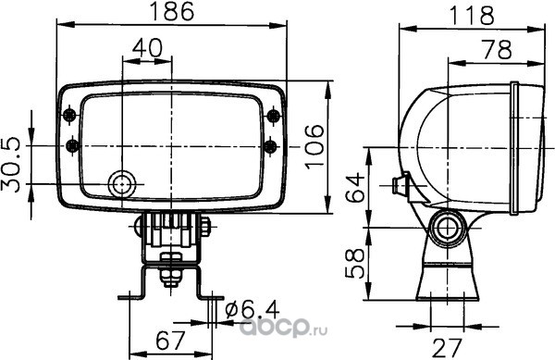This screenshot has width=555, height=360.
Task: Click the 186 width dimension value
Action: tap(172, 11)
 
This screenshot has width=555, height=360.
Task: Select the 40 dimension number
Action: tap(148, 48)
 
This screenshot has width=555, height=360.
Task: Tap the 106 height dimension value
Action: tap(315, 146)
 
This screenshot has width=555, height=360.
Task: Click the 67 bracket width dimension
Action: tap(170, 341)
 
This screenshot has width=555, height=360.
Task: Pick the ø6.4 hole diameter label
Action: tap(252, 309)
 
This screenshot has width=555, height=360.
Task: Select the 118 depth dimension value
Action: tap(472, 15)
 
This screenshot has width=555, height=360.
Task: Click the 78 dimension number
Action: tap(498, 50)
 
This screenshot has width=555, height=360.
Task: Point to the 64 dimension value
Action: tap(355, 187)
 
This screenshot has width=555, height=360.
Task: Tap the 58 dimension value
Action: tap(355, 263)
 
